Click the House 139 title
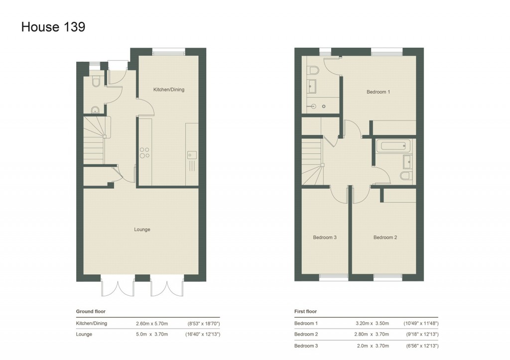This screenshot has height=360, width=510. [x=53, y=27]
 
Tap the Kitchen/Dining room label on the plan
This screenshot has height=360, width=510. [x=168, y=90]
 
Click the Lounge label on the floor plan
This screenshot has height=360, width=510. [x=142, y=230]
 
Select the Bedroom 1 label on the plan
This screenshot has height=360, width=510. [x=378, y=92]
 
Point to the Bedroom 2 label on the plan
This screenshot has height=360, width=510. [x=385, y=238]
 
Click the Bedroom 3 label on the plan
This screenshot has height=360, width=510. [x=325, y=238]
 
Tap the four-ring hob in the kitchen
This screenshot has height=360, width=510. [x=145, y=152]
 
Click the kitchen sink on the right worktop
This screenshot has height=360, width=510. [x=192, y=155]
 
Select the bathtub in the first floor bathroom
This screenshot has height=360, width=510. [x=393, y=146]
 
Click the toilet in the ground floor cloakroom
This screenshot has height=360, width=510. [x=96, y=81]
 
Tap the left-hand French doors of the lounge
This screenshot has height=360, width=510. [x=118, y=288]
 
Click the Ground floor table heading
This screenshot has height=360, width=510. [x=90, y=312]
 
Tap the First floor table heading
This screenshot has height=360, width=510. [x=305, y=312]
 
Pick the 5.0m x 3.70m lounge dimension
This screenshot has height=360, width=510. [x=152, y=334]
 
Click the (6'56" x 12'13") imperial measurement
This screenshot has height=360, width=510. [x=421, y=346]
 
